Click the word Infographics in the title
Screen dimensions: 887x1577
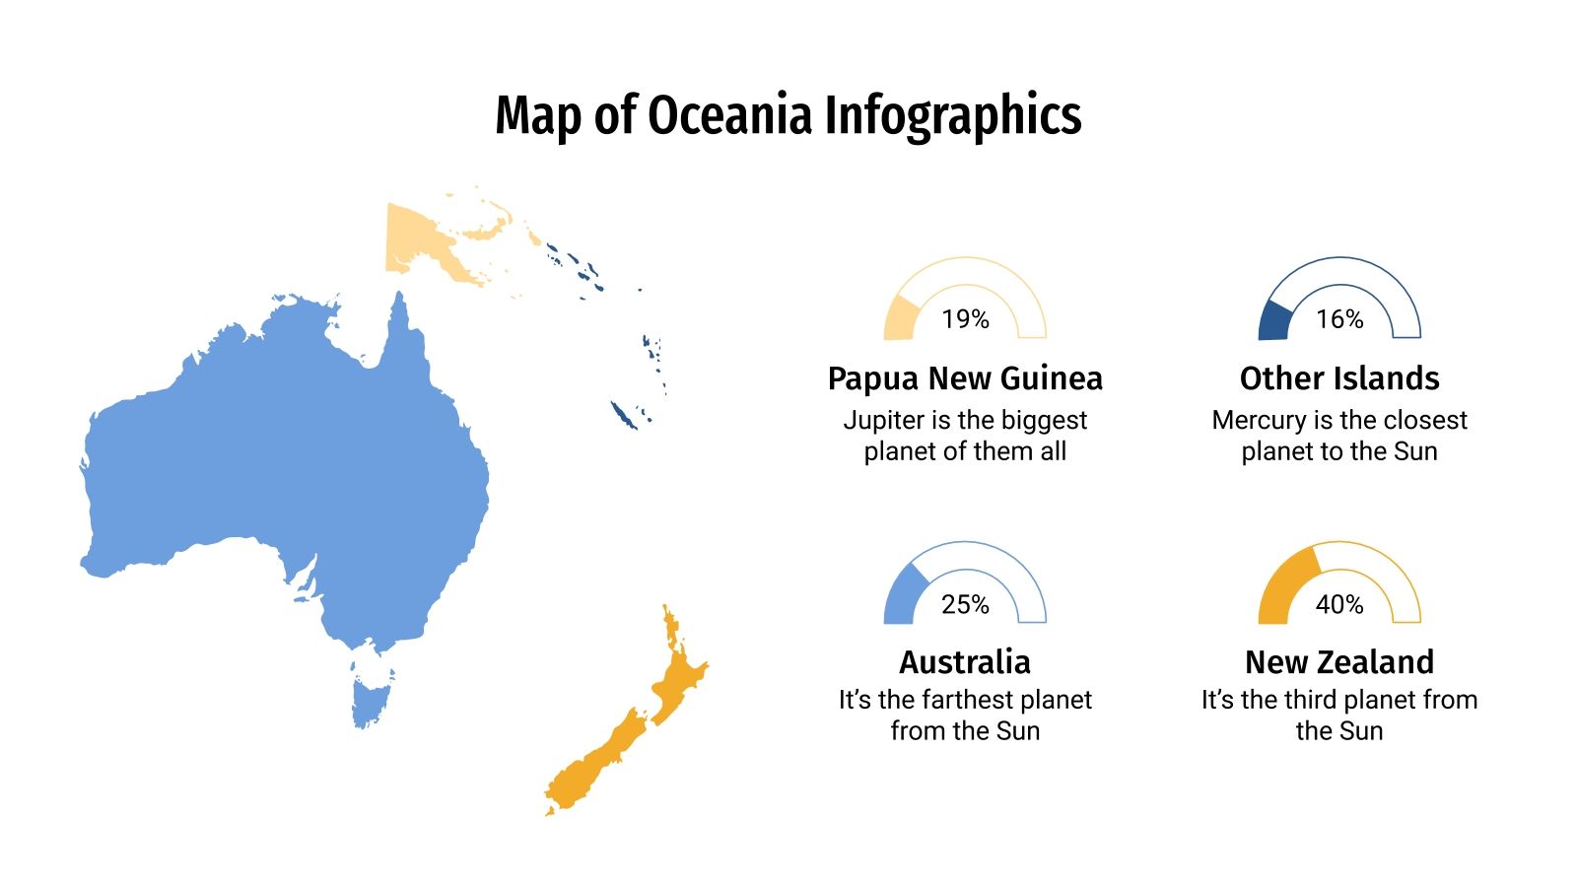952,116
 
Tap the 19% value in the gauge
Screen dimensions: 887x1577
965,319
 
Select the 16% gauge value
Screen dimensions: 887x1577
1339,319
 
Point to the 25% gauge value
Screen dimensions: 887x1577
965,604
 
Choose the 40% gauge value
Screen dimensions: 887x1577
1339,604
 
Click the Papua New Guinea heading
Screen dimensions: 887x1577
965,378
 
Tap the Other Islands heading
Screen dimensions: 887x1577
1339,378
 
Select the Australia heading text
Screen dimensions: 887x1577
965,662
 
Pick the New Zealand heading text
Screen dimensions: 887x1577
1339,662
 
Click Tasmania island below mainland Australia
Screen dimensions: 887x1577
372,698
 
